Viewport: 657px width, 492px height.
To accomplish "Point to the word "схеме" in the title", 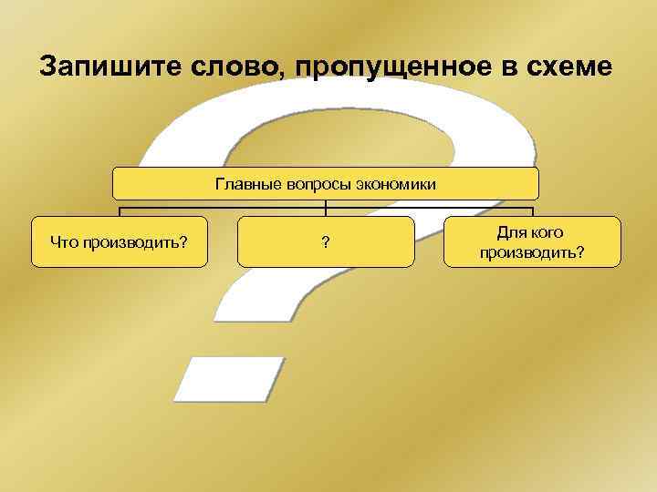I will (568, 68).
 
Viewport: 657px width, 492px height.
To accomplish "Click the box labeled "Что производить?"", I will (120, 241).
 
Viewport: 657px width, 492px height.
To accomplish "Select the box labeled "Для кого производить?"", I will (532, 241).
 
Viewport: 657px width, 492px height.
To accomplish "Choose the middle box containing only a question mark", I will (326, 241).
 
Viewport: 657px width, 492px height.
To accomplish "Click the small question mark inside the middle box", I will (326, 242).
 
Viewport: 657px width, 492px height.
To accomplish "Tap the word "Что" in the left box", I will (65, 242).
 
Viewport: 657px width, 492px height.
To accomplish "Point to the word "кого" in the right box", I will (546, 233).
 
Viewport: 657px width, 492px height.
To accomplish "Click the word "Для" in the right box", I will (511, 233).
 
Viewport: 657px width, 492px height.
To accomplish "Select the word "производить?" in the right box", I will (532, 251).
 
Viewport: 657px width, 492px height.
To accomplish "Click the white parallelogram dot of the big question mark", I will (229, 379).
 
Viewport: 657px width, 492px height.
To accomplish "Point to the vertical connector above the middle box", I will (326, 208).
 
